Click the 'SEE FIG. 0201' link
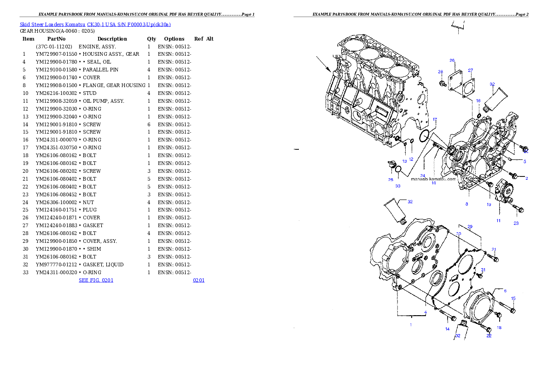pyautogui.click(x=96, y=280)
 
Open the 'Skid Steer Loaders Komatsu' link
pyautogui.click(x=52, y=24)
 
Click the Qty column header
pyautogui.click(x=152, y=39)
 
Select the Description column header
pyautogui.click(x=112, y=39)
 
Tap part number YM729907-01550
pyautogui.click(x=56, y=54)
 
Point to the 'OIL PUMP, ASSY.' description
pyautogui.click(x=104, y=101)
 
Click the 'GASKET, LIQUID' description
pyautogui.click(x=103, y=265)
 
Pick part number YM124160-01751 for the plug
pyautogui.click(x=56, y=210)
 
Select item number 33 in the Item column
pyautogui.click(x=25, y=272)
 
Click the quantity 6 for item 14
pyautogui.click(x=149, y=124)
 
